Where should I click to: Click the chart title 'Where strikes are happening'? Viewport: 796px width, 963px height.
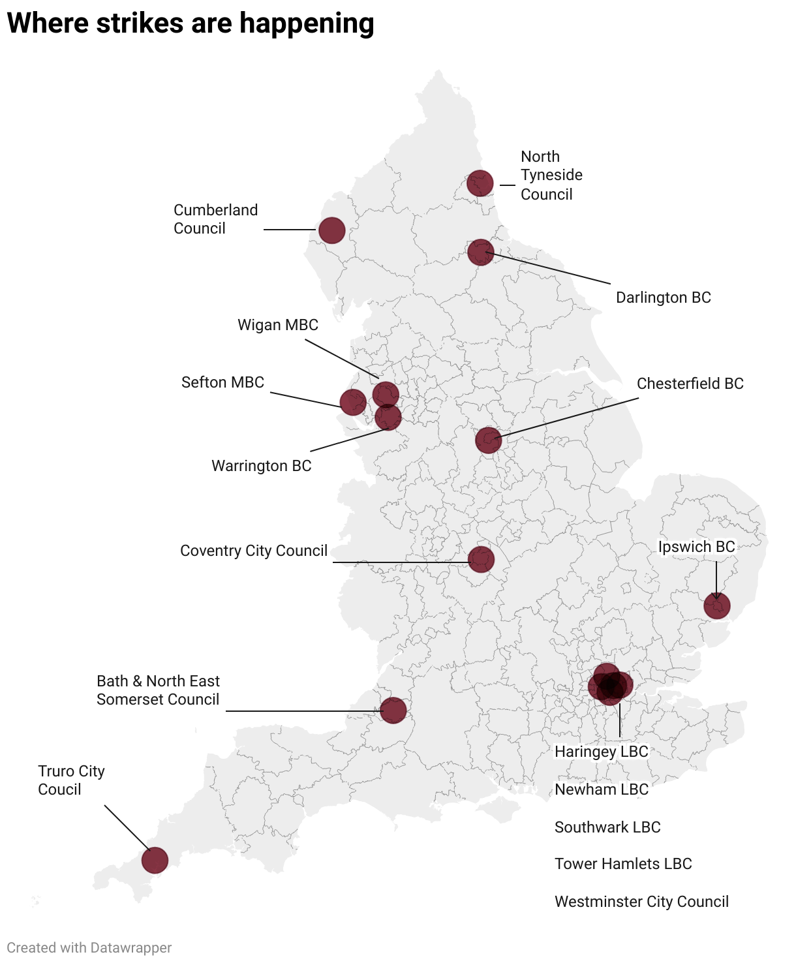(x=191, y=23)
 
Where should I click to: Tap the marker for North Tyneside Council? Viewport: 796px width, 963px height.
(x=480, y=183)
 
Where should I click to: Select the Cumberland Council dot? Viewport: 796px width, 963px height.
(x=331, y=230)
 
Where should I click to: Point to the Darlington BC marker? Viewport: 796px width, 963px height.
(x=481, y=252)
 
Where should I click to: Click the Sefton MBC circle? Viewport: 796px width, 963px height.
(x=353, y=402)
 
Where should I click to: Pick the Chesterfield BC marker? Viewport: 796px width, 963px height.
(x=488, y=440)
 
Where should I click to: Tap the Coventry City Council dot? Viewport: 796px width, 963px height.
(x=481, y=559)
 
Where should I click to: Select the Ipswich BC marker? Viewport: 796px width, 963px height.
(x=716, y=606)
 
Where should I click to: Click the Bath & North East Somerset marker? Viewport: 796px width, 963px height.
(x=393, y=710)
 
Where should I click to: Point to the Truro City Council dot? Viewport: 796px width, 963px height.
(x=155, y=860)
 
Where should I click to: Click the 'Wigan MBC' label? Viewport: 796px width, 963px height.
(x=278, y=325)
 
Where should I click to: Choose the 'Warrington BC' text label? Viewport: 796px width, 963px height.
(x=262, y=466)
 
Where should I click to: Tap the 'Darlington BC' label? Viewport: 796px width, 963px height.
(x=664, y=298)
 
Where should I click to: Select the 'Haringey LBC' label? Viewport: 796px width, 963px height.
(x=602, y=752)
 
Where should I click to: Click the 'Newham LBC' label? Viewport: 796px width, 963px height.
(x=602, y=789)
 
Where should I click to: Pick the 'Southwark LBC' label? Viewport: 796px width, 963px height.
(x=607, y=827)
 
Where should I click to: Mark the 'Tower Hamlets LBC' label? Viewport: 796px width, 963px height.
(x=623, y=864)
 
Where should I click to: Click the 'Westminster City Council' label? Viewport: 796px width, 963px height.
(x=641, y=902)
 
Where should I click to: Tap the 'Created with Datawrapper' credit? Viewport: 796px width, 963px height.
(x=89, y=947)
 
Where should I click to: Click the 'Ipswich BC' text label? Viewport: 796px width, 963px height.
(x=696, y=547)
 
